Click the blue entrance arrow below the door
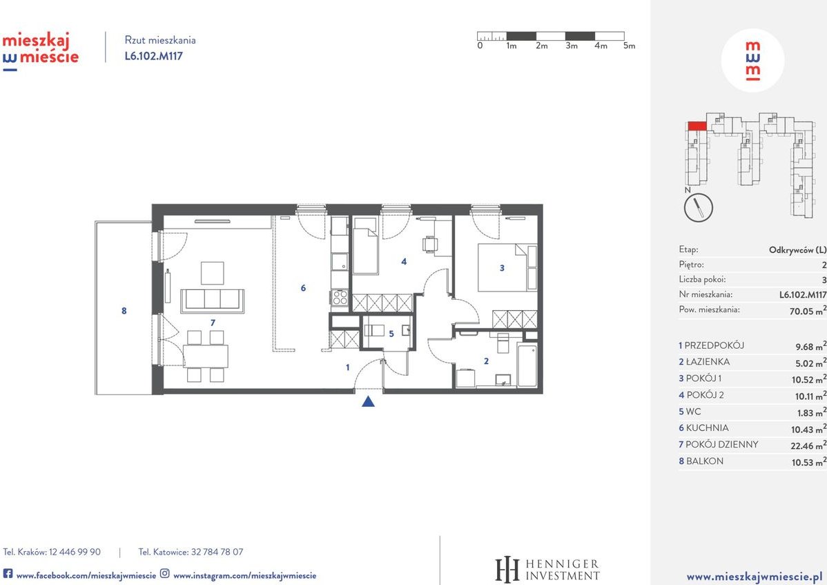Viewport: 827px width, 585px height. pyautogui.click(x=369, y=401)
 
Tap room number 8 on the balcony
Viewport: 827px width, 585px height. pyautogui.click(x=124, y=311)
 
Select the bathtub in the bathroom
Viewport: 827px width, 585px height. pyautogui.click(x=527, y=364)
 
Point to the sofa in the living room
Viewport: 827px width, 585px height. pyautogui.click(x=212, y=300)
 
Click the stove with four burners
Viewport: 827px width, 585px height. pyautogui.click(x=340, y=297)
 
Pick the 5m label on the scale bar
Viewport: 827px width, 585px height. pyautogui.click(x=628, y=46)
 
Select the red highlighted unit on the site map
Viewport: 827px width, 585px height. pyautogui.click(x=697, y=126)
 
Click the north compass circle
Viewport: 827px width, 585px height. pyautogui.click(x=698, y=207)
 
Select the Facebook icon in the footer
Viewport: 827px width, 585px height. pyautogui.click(x=8, y=573)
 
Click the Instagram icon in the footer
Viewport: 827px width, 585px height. pyautogui.click(x=165, y=573)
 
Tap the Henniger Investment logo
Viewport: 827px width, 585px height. pyautogui.click(x=547, y=570)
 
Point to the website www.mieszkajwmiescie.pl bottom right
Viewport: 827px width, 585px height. pyautogui.click(x=753, y=575)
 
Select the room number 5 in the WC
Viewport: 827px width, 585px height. pyautogui.click(x=391, y=334)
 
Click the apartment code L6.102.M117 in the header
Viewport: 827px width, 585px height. pyautogui.click(x=153, y=56)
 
